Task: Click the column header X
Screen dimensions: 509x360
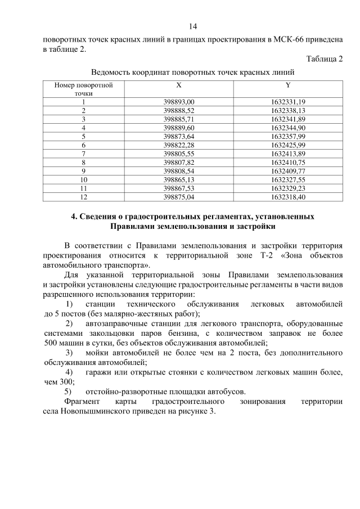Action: [x=178, y=85]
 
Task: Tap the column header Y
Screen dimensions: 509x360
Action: [x=287, y=85]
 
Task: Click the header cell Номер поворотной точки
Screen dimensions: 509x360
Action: [x=83, y=89]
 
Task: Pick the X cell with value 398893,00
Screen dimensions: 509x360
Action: [x=178, y=102]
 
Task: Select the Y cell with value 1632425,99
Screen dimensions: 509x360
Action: [x=287, y=145]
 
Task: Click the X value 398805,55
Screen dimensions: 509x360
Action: [x=178, y=153]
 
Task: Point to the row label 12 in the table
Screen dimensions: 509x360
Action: [x=83, y=196]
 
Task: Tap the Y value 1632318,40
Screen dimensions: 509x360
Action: [x=287, y=196]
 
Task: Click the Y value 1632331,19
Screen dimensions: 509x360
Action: [x=287, y=102]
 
